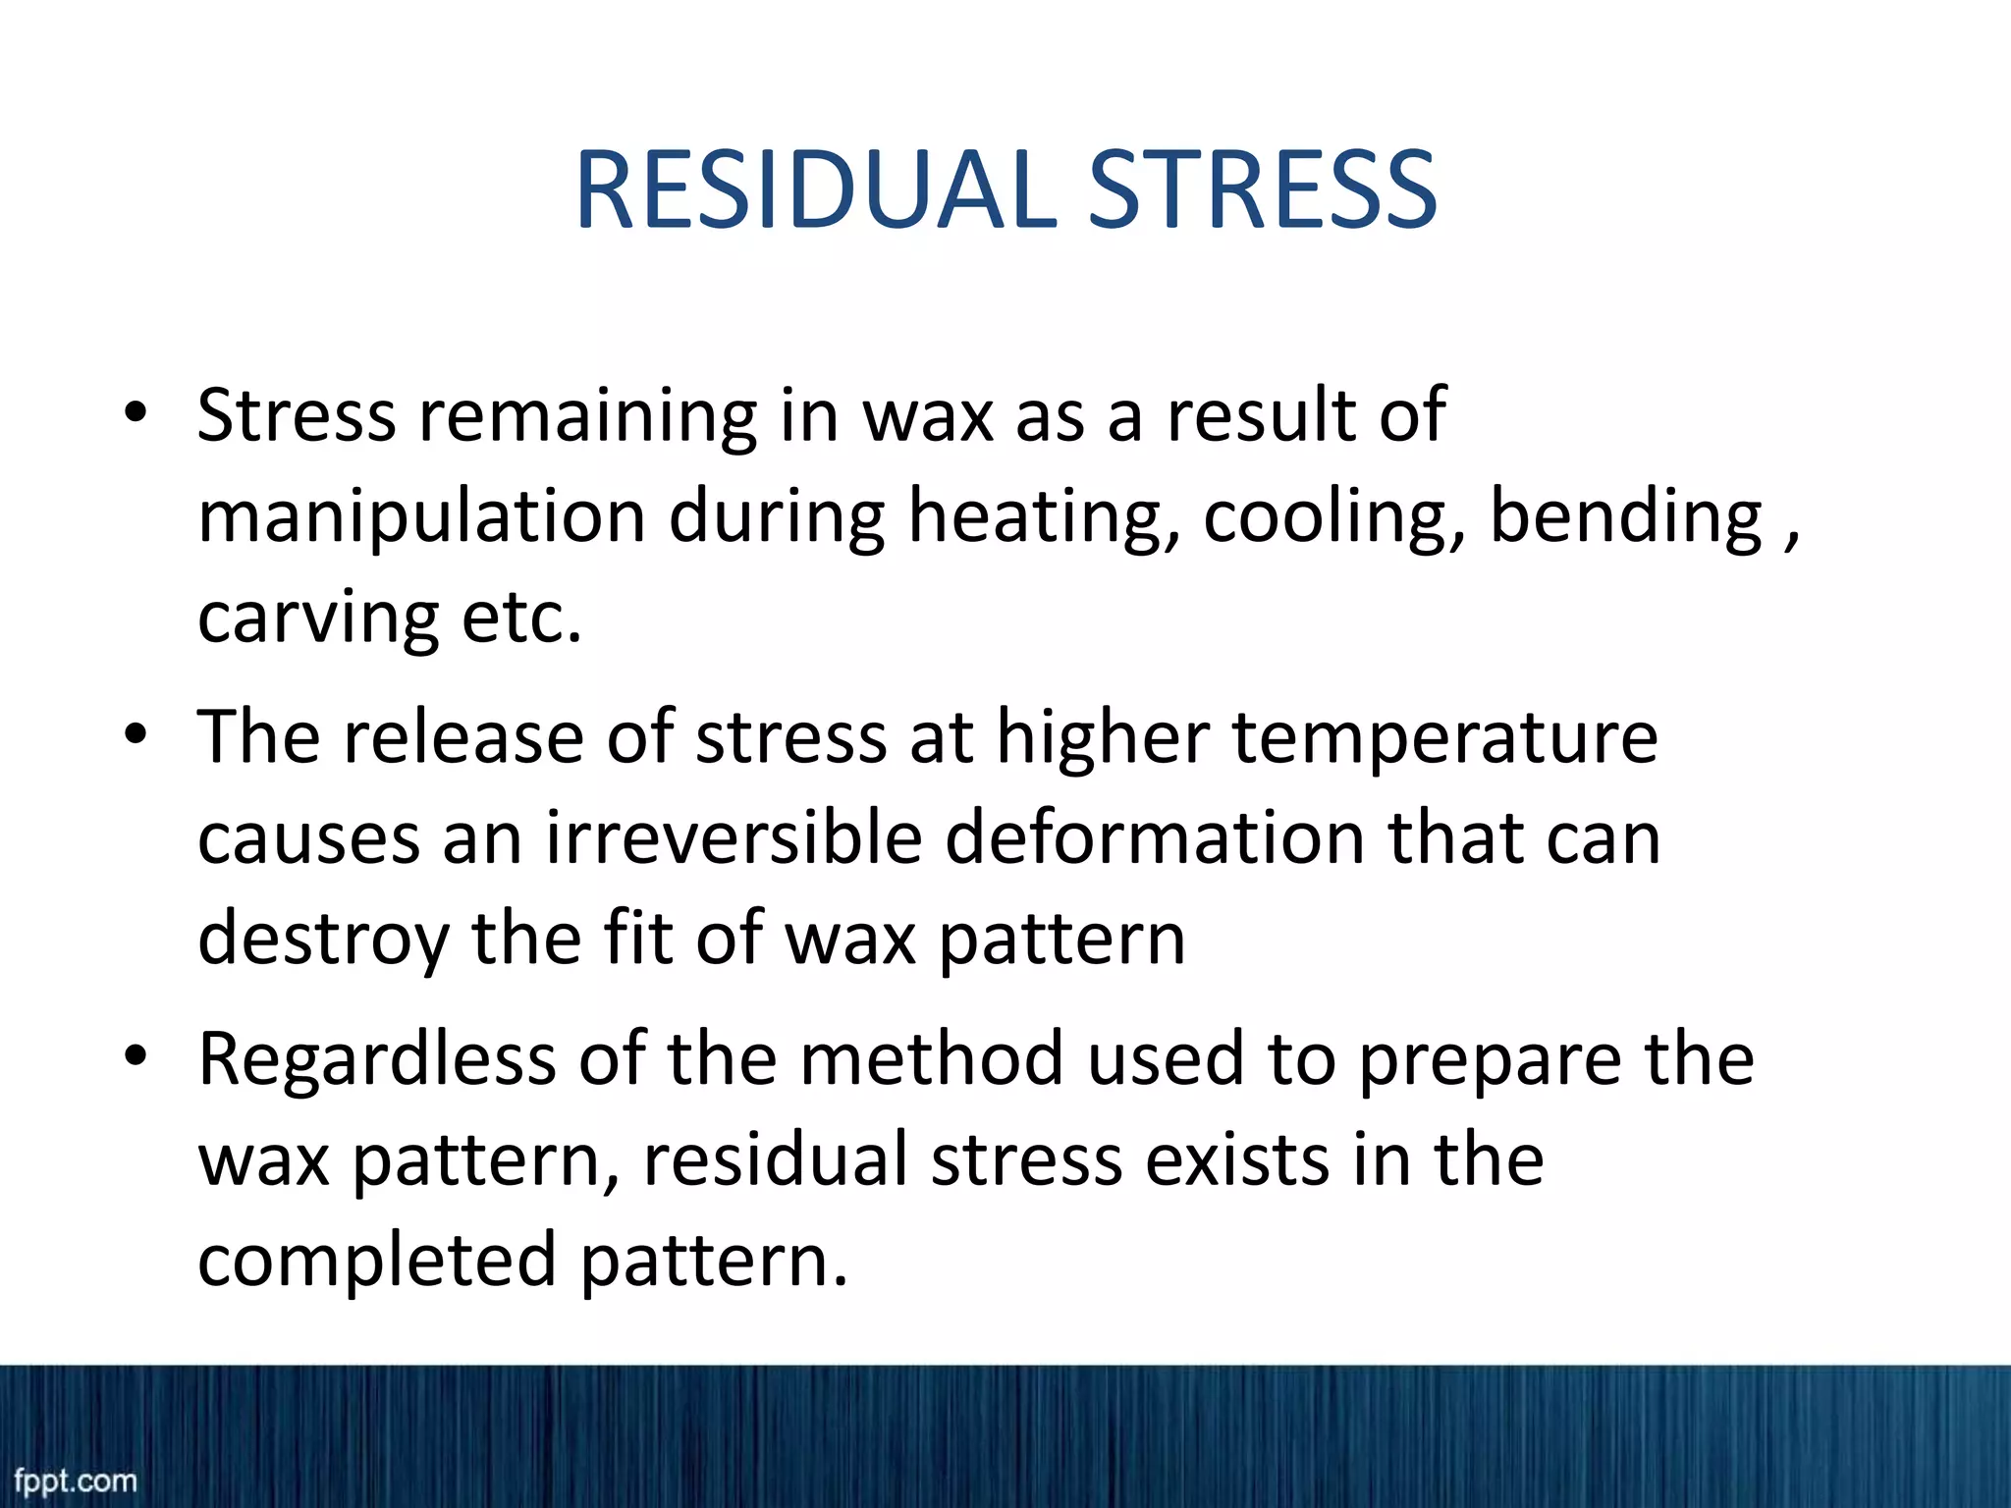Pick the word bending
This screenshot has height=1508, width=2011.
click(1626, 516)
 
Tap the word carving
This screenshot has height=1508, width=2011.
click(317, 619)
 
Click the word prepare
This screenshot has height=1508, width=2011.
click(1489, 1060)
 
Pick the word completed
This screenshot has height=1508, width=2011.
click(377, 1261)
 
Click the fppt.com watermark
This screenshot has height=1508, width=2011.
click(75, 1480)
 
